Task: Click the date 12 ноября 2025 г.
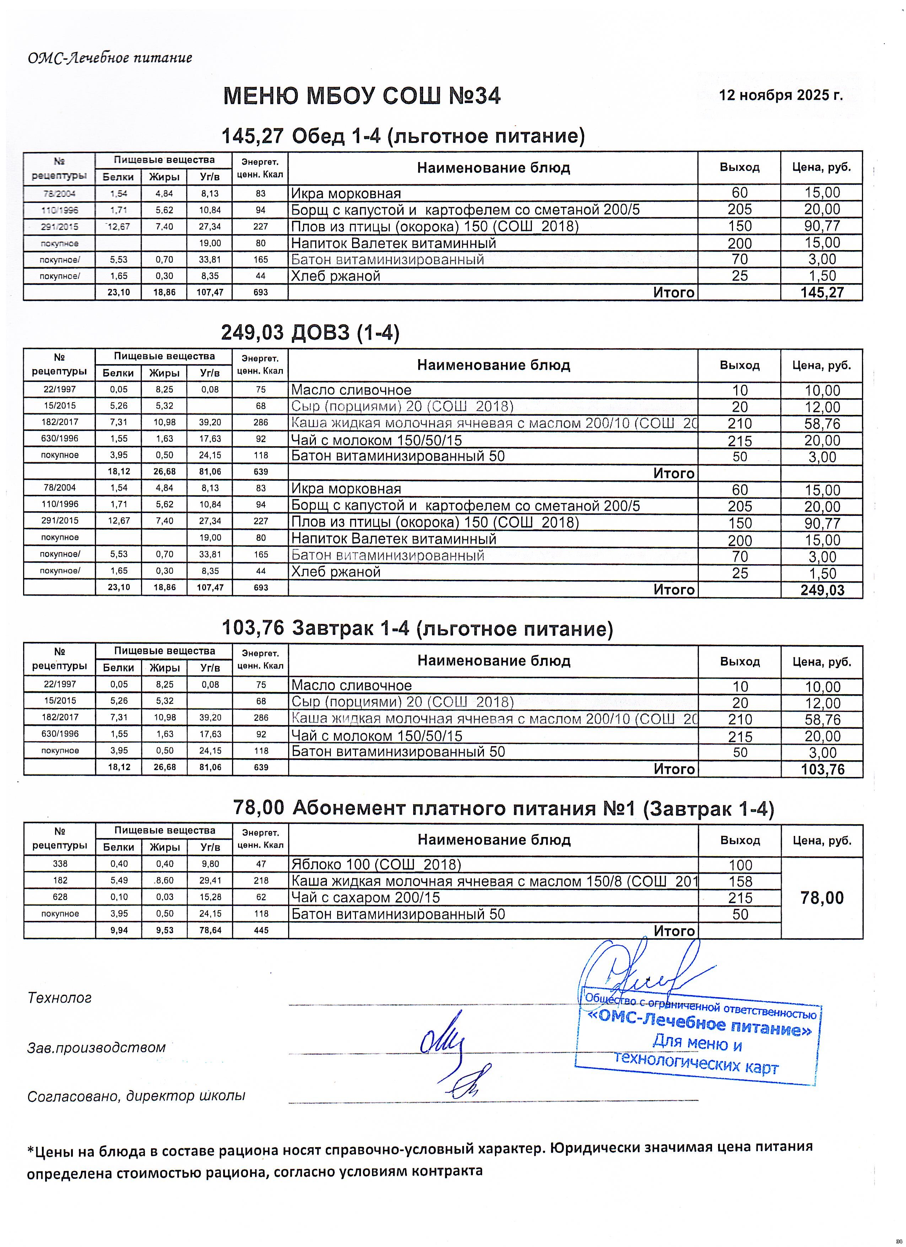point(780,95)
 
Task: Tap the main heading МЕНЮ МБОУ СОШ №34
point(362,97)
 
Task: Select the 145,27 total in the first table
point(822,292)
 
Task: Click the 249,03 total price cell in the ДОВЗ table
point(822,590)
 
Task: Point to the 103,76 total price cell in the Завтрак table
point(822,769)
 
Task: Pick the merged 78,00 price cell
point(822,898)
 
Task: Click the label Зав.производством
point(96,1047)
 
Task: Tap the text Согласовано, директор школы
point(136,1096)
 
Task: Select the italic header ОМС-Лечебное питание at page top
point(110,58)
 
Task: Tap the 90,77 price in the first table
point(822,226)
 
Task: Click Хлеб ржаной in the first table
point(335,276)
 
